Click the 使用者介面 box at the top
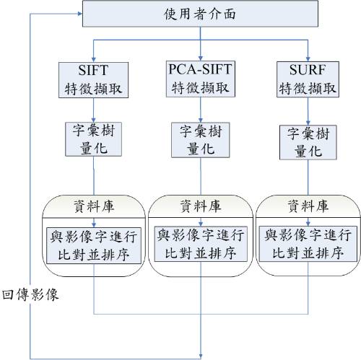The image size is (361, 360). [200, 14]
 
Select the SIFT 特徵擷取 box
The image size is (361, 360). [93, 80]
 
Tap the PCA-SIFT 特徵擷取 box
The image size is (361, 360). [201, 79]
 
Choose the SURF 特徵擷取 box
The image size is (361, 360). [308, 79]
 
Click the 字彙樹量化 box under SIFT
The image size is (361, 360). [93, 139]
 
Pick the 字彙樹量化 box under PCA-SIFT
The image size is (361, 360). [201, 140]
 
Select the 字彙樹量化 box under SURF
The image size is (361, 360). [308, 142]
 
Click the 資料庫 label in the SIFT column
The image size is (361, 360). [94, 206]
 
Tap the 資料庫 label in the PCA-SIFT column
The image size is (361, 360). [201, 206]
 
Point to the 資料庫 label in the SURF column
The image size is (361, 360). [308, 206]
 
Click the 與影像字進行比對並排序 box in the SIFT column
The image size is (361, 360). [94, 245]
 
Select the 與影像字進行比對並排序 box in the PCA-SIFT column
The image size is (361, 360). [201, 244]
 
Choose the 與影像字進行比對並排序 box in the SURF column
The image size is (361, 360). [308, 244]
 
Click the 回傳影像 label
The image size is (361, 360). [30, 294]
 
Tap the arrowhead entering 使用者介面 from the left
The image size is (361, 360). [80, 14]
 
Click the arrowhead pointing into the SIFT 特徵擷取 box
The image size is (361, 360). [94, 60]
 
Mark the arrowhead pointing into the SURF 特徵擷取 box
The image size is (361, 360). [308, 59]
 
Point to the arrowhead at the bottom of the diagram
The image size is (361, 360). [201, 356]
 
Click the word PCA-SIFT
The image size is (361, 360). [200, 69]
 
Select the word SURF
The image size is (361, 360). [308, 70]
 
